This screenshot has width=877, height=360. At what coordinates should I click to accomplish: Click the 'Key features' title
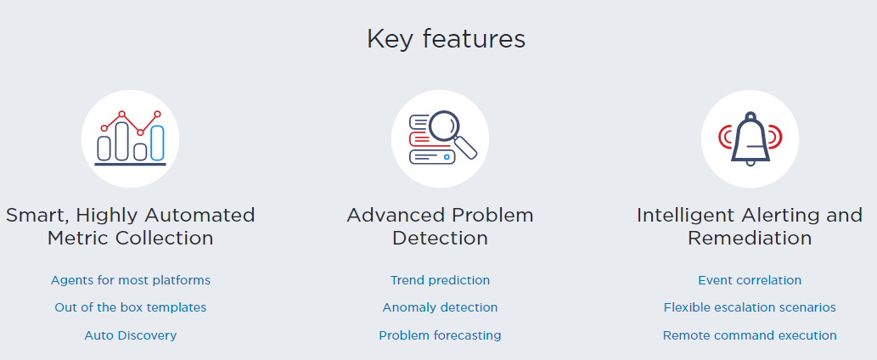[x=446, y=39]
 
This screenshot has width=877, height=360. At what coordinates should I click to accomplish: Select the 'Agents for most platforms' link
[x=131, y=280]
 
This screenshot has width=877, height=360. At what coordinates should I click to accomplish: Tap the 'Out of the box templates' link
[x=131, y=307]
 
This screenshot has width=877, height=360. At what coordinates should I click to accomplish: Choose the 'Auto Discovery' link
[x=131, y=335]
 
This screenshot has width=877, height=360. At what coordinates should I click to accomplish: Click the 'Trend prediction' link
[x=440, y=280]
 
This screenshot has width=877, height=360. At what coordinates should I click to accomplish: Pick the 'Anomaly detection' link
[x=440, y=307]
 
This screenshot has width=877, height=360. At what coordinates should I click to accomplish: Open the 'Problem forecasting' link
[x=440, y=335]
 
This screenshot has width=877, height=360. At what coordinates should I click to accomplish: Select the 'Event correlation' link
[x=750, y=280]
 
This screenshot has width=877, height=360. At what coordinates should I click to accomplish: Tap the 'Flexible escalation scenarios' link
[x=750, y=307]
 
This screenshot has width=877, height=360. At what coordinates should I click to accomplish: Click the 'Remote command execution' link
[x=750, y=335]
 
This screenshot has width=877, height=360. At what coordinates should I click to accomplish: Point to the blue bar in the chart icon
[x=157, y=143]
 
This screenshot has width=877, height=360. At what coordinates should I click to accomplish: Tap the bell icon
[x=750, y=138]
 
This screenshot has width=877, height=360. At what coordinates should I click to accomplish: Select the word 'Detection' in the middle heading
[x=440, y=238]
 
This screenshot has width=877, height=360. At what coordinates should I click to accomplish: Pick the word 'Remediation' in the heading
[x=750, y=238]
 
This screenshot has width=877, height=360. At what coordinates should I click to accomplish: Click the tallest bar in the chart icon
[x=121, y=140]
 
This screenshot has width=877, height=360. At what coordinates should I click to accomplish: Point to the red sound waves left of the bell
[x=724, y=137]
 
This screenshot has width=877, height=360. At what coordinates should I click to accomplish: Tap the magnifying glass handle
[x=465, y=147]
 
